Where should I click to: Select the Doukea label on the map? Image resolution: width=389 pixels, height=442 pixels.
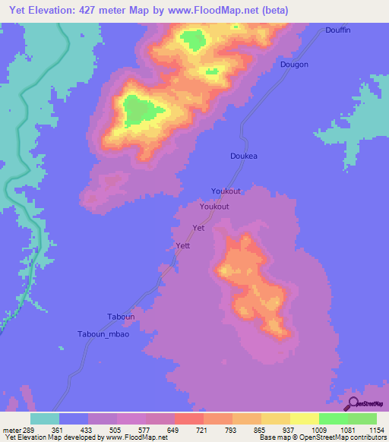point(244,156)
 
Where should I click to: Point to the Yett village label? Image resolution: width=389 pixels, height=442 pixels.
point(182,245)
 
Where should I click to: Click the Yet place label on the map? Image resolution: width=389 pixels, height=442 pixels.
point(199,228)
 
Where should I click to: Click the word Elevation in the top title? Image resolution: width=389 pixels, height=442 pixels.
point(60,10)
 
